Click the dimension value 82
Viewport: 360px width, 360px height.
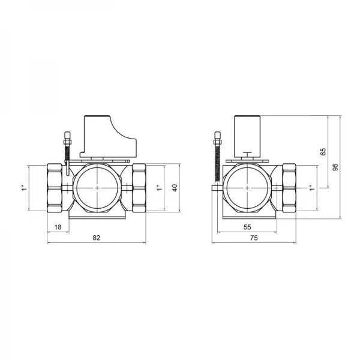(97, 238)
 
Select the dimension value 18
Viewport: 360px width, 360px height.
(58, 227)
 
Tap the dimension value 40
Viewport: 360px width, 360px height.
(175, 188)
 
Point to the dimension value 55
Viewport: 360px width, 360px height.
(247, 227)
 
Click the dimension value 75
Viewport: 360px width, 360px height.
(254, 238)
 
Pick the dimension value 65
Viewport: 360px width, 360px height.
(323, 152)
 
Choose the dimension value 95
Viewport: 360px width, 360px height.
(335, 167)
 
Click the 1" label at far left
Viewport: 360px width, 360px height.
(24, 188)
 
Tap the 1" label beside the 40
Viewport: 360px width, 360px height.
(159, 188)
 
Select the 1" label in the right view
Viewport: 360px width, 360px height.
(311, 188)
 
